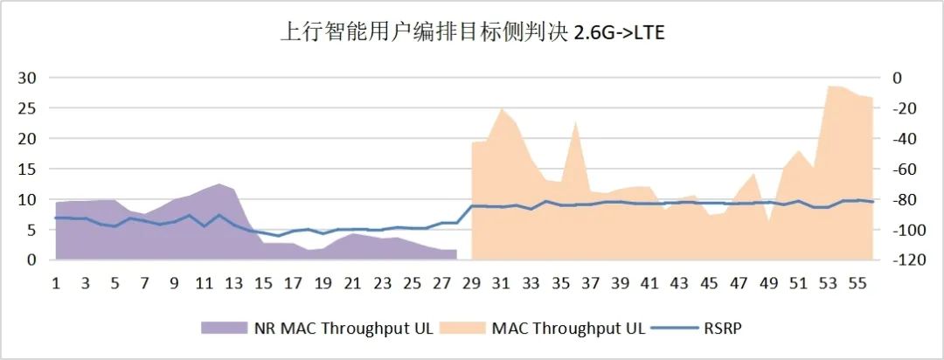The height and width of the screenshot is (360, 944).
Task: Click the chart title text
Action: (472, 33)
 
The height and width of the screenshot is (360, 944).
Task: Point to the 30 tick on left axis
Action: (28, 78)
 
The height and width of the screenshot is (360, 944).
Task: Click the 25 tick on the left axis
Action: (28, 108)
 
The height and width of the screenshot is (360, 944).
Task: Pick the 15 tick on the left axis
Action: (28, 169)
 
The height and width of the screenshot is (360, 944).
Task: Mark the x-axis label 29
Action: (472, 283)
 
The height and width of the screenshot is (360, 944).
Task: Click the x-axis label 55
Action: (858, 283)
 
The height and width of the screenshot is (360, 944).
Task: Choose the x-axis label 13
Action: (234, 283)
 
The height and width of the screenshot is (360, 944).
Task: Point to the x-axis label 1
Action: (56, 283)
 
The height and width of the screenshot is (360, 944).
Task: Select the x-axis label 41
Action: (650, 283)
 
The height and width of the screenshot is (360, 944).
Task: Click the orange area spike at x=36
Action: (576, 123)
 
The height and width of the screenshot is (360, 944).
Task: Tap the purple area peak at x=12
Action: (219, 184)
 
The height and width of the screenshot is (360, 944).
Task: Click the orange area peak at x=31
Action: (502, 109)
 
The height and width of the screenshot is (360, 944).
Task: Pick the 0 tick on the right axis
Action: (896, 78)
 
